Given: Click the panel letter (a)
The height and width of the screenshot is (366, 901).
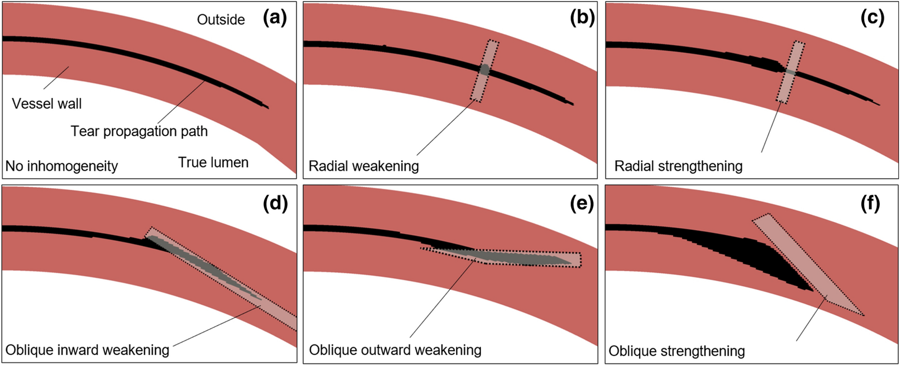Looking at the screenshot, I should (275, 19).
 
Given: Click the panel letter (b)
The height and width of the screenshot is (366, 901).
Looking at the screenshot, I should (582, 19).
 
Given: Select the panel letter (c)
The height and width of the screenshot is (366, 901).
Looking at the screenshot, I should (872, 19).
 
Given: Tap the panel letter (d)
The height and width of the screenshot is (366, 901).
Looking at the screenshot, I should (275, 203).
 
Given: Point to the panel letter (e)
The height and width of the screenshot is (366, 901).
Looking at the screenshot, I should (582, 203).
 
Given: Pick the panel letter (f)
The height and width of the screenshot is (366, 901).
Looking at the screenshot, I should (870, 203).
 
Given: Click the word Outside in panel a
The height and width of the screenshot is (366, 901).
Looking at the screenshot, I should (221, 20).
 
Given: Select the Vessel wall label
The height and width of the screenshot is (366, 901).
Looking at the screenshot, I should (47, 104).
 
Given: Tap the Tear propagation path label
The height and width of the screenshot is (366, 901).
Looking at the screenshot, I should (139, 131).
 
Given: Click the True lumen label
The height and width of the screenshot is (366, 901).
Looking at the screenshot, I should (213, 163).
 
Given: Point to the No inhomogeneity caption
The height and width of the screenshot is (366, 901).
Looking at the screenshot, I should (62, 166).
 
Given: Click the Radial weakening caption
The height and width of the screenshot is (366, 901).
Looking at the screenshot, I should (363, 166).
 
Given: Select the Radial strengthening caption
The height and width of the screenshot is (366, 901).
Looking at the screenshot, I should (678, 166).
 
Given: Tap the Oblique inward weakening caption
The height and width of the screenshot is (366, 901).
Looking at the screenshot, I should (87, 350).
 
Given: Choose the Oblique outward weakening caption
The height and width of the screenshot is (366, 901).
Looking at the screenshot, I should (395, 350).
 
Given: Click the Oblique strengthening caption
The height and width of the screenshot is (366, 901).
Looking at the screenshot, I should (676, 351).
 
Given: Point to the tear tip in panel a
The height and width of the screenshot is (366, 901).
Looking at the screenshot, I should (267, 107).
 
